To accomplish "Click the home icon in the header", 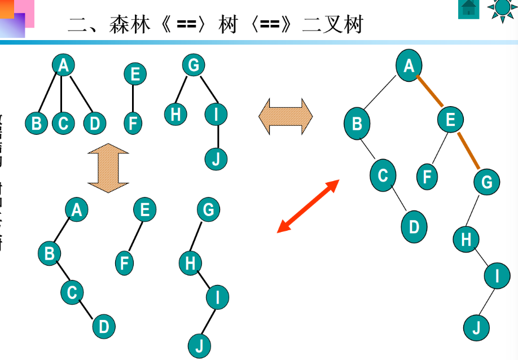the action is [x=468, y=8].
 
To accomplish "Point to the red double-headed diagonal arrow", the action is [x=308, y=206].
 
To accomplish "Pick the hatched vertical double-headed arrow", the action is [x=108, y=168].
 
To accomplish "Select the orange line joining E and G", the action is [x=468, y=151].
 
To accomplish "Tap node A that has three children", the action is [x=63, y=65].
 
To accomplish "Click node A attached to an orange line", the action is [x=409, y=66].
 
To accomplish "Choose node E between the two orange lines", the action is [x=450, y=120].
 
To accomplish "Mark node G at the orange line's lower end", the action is [x=486, y=182].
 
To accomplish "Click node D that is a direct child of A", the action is [x=94, y=123].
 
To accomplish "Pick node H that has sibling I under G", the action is [x=175, y=115].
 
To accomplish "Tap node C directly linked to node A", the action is [x=63, y=123].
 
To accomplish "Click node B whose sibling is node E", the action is [x=357, y=124].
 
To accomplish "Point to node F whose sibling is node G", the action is [x=427, y=176].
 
